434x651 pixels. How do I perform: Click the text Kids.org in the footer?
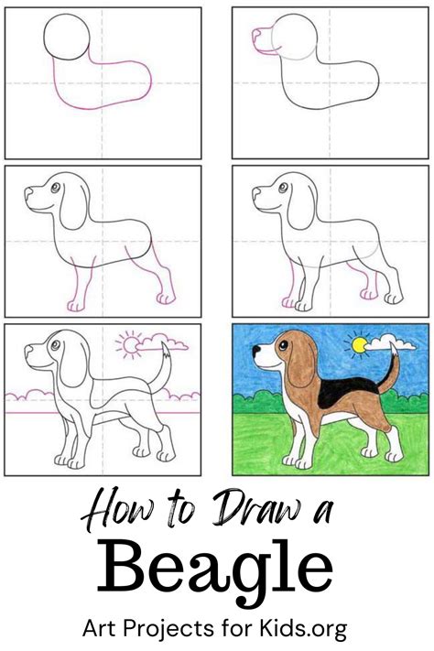pos(303,629)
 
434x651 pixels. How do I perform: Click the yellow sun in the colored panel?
pos(359,345)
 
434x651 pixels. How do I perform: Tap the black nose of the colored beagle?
pos(256,349)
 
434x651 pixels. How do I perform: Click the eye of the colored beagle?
pos(283,345)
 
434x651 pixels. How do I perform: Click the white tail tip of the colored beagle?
pos(394,348)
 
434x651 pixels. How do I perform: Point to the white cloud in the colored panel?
pos(390,343)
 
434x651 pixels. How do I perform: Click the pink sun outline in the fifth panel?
pos(131,344)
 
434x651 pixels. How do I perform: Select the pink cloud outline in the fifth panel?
pos(162,342)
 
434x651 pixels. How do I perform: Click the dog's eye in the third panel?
pos(56,188)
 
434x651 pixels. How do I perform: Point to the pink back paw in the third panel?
pos(166,298)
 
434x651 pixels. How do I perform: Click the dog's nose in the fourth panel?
pos(256,191)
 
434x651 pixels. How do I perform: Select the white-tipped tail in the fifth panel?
pos(163,365)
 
